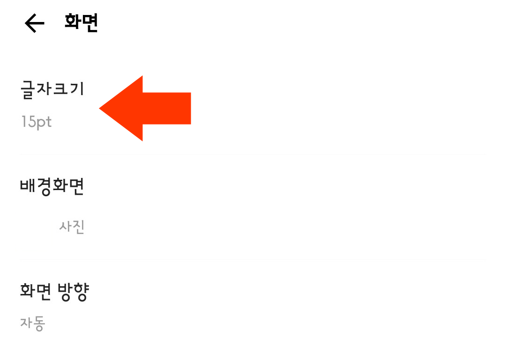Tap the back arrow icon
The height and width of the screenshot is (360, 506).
[x=34, y=23]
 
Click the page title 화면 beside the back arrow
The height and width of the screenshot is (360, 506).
[x=82, y=23]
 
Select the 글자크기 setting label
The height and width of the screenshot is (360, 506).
[x=52, y=88]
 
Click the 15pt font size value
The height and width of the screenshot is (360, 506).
[x=36, y=122]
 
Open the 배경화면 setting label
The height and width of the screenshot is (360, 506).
[x=52, y=187]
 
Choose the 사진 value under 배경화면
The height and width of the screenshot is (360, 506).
[x=72, y=227]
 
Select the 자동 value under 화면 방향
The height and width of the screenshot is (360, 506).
[x=32, y=323]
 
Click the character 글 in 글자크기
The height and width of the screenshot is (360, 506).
[x=29, y=88]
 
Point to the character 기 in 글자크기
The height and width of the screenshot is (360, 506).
[x=76, y=88]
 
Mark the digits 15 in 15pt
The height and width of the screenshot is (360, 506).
[x=28, y=122]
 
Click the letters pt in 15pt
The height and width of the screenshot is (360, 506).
[x=44, y=123]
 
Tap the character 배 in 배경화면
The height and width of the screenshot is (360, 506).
[x=28, y=187]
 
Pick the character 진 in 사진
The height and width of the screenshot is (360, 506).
[x=78, y=227]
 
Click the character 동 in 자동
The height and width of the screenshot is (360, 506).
[x=39, y=323]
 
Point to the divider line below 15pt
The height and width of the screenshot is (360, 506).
[x=253, y=154]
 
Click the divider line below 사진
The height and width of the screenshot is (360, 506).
[x=253, y=259]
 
